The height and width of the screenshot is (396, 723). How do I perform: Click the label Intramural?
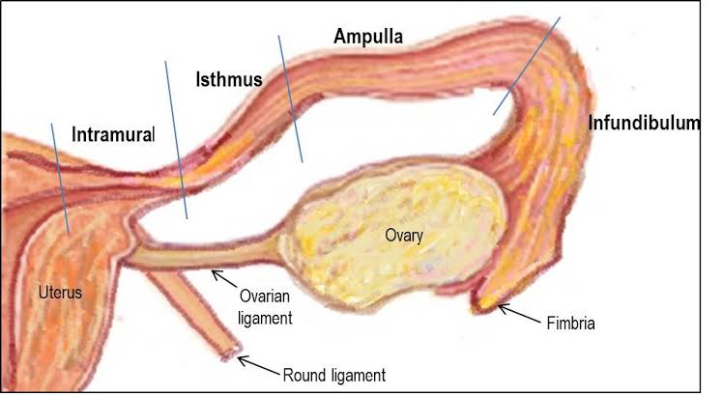click(113, 134)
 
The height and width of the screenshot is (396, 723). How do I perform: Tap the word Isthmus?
click(229, 79)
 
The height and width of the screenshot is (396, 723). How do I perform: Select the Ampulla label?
click(368, 38)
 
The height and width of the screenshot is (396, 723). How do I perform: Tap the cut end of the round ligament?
click(228, 353)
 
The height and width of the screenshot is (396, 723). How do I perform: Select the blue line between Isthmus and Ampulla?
click(290, 98)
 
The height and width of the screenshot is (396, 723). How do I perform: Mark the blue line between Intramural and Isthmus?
click(176, 140)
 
